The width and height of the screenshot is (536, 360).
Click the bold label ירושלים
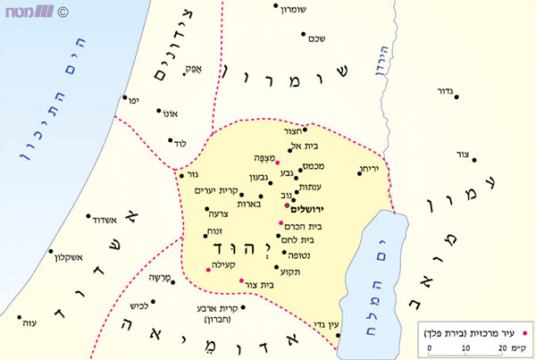click(x=306, y=207)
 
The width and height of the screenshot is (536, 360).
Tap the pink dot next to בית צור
click(x=241, y=281)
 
